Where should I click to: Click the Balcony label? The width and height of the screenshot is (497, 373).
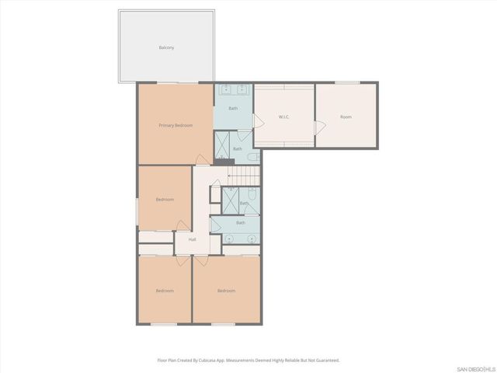click(166, 47)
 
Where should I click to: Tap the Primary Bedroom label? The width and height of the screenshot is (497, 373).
click(176, 125)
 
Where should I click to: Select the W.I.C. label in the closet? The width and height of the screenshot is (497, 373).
click(283, 117)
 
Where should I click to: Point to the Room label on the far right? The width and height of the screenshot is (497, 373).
click(346, 117)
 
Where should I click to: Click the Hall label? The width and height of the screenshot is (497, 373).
click(192, 239)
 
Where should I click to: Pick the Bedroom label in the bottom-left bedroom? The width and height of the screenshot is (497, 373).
click(165, 291)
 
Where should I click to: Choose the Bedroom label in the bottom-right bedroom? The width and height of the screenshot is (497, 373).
click(226, 291)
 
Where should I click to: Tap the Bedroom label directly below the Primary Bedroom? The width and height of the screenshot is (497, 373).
click(165, 200)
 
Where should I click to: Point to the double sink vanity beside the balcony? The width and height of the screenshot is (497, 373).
click(233, 89)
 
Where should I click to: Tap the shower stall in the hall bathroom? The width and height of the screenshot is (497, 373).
click(231, 200)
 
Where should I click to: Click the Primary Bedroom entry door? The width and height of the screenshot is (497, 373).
click(202, 159)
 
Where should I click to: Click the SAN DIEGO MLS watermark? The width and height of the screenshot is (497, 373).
click(475, 368)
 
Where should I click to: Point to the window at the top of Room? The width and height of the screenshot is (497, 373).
click(346, 82)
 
